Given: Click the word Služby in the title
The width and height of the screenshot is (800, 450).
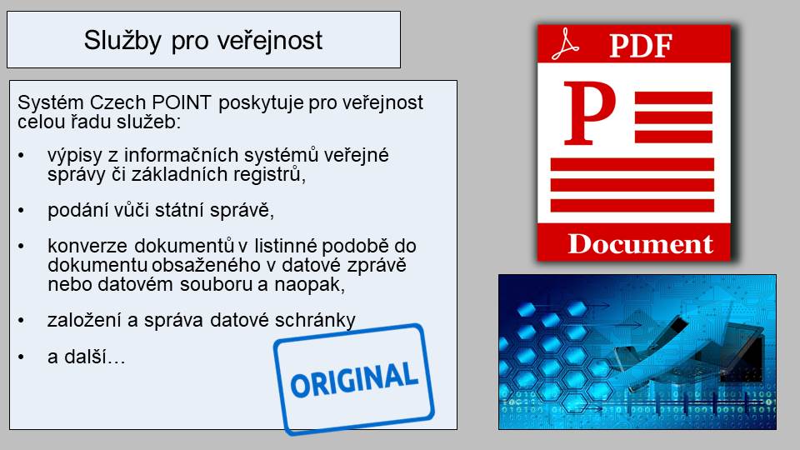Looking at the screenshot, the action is pos(122,40).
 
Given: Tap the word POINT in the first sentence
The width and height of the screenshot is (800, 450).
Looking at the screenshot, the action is pos(182,102).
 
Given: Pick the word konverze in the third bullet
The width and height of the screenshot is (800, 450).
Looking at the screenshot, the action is pos(87,246).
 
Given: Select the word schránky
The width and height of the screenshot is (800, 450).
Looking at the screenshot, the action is pos(315,320).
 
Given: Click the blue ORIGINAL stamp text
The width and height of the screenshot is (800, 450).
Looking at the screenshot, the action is pos(354,379).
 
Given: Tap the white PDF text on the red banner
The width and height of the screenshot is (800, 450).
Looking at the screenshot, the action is pos(641,46).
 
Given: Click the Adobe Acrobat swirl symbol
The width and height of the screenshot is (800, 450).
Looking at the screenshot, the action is pos(565,45).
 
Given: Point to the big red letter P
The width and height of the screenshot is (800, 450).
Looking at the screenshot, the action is pos(589,112).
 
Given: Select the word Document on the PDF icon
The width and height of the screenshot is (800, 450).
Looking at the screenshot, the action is pos(640,244).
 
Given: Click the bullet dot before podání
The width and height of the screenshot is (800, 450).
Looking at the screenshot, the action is pos(21,210).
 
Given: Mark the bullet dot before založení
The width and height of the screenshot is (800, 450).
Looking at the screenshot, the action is pos(21,320).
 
